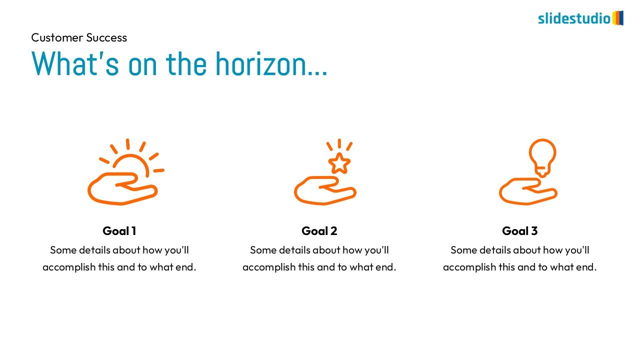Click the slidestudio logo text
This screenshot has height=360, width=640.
pos(574,18)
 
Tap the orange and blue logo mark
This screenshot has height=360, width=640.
pos(617,18)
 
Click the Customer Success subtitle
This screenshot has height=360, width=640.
pos(79,37)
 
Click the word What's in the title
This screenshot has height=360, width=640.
pos(75,63)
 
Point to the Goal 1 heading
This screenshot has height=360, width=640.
pos(119,231)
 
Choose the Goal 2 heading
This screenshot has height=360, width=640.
pos(319,231)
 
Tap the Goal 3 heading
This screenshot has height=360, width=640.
pos(519,231)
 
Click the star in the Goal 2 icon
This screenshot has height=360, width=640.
pos(339,163)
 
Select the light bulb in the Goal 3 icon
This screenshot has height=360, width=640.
pos(542,157)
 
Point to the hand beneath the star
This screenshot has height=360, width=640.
pos(325,190)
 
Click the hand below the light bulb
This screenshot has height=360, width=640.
pos(528,191)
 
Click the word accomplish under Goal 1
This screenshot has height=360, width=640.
pos(69,267)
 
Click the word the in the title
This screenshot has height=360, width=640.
pos(186,63)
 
